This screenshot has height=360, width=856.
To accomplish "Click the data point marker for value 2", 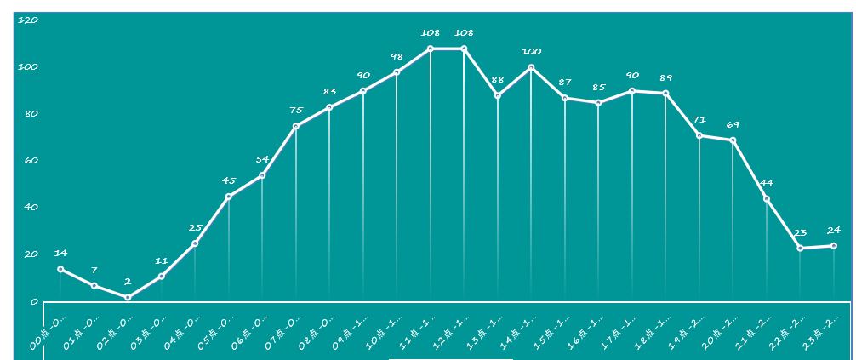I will tap(128, 297).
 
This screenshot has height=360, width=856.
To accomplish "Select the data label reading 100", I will tap(531, 52).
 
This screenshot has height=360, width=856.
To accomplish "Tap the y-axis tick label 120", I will tap(28, 20).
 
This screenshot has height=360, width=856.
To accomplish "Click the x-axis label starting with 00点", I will tap(49, 330).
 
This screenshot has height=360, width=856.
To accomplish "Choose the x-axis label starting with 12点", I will tap(452, 330).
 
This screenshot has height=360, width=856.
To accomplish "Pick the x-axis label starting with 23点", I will tap(822, 330).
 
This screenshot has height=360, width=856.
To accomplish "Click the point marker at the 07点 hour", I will tap(296, 126).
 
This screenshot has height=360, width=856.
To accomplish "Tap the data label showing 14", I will tap(60, 253).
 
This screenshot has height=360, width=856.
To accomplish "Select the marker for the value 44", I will tap(767, 199).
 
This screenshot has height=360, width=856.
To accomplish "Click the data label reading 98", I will tap(397, 57).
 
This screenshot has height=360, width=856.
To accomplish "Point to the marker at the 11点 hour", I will tap(431, 49).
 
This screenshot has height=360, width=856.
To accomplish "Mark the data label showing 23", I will tap(800, 232).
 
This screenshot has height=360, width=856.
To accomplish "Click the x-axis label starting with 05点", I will tap(217, 330).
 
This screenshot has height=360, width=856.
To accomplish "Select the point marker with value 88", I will tap(498, 95).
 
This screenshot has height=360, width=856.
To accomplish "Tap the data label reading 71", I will tap(699, 120).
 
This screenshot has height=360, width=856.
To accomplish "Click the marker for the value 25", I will tap(195, 243).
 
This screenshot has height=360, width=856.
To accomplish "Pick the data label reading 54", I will tap(262, 159).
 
